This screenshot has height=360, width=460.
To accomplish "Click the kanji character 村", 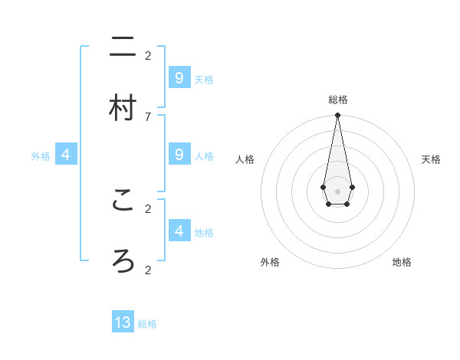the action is coord(123,108).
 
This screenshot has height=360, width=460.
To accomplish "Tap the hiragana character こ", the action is coord(123,200).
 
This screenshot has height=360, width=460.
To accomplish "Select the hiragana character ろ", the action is coord(123,261).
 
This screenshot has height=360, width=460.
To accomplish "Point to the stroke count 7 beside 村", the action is coord(148,116).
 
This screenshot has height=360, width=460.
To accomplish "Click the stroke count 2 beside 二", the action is coord(148,55).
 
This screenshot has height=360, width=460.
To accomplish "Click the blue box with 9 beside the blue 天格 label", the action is coord(179,77).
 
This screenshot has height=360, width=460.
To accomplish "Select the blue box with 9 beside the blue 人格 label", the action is coord(179,154).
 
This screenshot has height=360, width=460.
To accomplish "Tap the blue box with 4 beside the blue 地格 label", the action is coord(179,231).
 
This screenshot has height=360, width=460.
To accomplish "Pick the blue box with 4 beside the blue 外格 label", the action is coord(66,155).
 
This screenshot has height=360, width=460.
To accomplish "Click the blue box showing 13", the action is coord(123,322).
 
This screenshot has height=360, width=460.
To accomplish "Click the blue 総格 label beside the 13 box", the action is coord(147,324).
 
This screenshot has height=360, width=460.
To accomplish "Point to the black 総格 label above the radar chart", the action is coord(337,100).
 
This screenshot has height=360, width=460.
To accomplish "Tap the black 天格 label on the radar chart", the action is coord(431,159).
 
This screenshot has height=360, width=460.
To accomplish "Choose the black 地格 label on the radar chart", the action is coord(402,262).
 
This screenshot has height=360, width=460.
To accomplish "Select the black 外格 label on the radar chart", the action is coord(270,262).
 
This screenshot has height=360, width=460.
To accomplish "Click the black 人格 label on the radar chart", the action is coord(245,159).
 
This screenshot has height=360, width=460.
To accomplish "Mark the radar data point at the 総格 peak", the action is coord(337,116).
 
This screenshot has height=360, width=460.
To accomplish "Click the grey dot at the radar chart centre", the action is coord(337,191).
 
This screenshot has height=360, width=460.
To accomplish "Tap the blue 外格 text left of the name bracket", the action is coord(41,156).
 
